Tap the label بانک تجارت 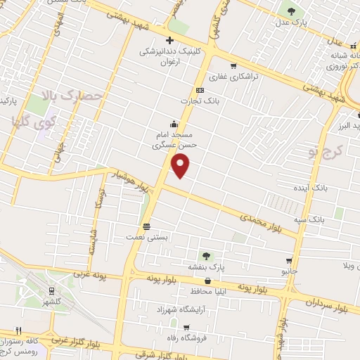[x=195, y=101]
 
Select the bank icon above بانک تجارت [x=200, y=90]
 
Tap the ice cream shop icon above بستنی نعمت [x=146, y=226]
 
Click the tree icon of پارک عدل [x=290, y=11]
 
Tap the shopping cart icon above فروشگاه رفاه [x=185, y=327]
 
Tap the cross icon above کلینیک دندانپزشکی [x=169, y=40]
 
